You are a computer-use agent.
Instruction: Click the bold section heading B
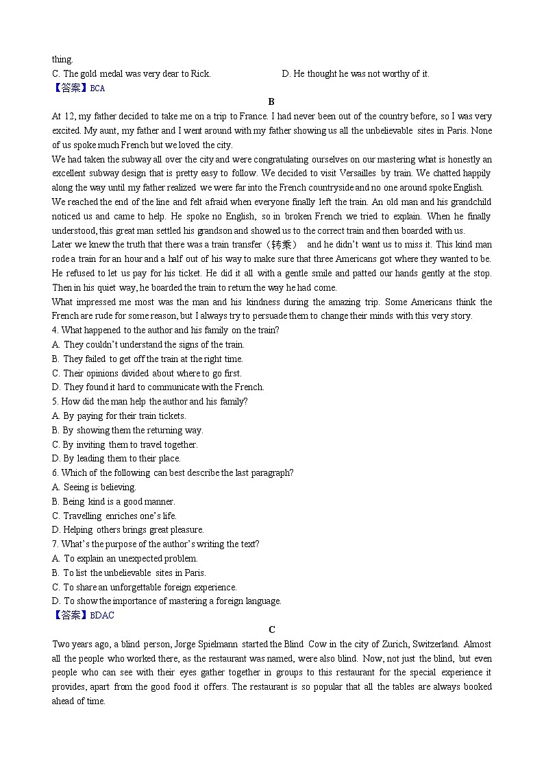click(x=271, y=101)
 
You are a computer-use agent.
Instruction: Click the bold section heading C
click(x=272, y=629)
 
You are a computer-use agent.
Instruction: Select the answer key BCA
click(x=78, y=88)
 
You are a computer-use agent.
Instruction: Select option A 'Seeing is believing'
click(x=94, y=488)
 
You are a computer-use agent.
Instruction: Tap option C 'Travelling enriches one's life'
click(x=114, y=516)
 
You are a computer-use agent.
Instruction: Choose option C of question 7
click(x=145, y=587)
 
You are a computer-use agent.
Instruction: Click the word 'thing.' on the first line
click(x=62, y=60)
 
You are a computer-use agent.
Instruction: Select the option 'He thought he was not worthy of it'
click(x=356, y=74)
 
